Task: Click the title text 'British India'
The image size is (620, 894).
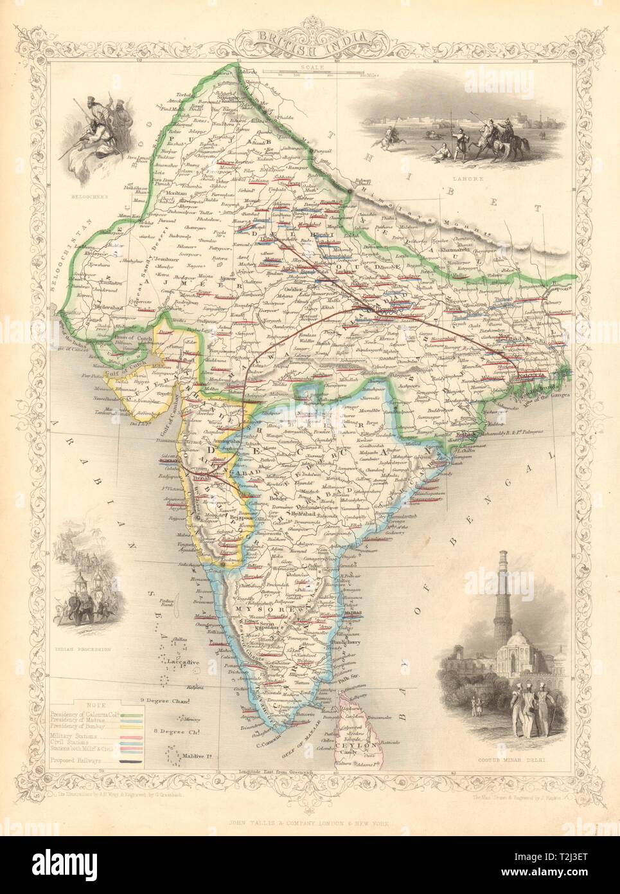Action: [310, 37]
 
